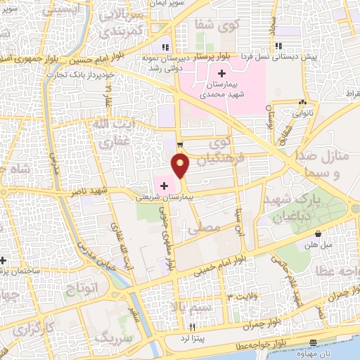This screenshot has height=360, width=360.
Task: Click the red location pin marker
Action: click(181, 165)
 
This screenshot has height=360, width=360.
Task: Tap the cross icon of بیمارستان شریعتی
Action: click(164, 186)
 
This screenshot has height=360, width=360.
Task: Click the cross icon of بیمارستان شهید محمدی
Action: click(221, 73)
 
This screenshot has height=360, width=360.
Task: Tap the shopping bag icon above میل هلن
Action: click(319, 233)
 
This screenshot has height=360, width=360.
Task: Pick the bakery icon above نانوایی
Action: click(303, 102)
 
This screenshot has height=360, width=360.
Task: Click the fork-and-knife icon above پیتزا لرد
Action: click(191, 328)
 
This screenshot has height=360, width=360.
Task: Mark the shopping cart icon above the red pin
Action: click(181, 145)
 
